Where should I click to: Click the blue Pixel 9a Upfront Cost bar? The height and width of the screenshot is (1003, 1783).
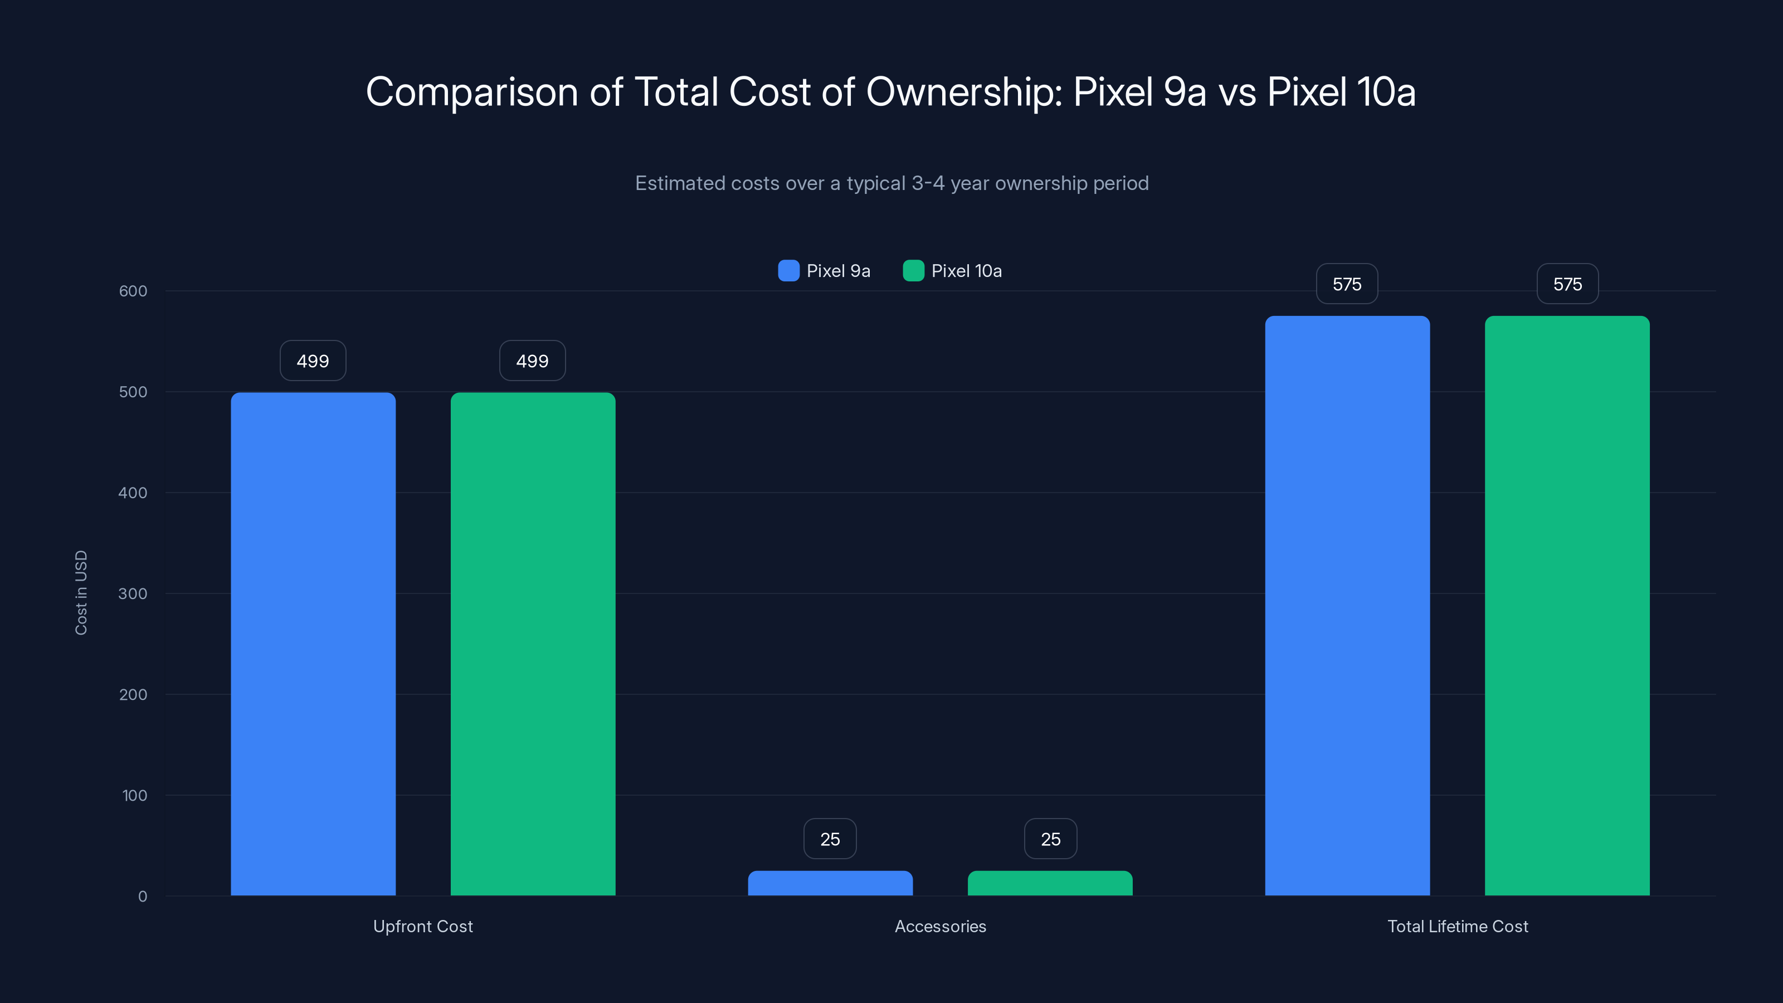313,644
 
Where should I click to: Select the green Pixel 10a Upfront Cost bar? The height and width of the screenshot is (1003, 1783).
533,644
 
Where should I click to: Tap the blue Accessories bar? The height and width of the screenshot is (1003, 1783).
830,883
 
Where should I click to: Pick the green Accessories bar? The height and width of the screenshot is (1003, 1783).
1050,883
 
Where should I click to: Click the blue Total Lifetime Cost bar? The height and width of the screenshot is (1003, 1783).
1347,606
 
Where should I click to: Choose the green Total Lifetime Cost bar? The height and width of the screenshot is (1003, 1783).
1567,606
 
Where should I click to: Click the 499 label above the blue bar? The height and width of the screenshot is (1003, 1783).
313,361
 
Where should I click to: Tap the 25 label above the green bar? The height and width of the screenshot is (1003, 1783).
1050,839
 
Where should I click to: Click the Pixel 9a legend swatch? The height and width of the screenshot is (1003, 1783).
788,271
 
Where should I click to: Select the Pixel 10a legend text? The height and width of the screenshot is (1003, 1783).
966,271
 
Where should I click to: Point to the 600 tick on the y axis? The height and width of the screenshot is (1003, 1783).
133,291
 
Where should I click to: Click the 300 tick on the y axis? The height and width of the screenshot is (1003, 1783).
133,593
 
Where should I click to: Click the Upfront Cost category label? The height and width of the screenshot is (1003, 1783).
423,926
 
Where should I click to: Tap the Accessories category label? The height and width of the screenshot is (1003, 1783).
940,926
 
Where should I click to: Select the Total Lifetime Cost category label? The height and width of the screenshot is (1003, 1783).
1458,926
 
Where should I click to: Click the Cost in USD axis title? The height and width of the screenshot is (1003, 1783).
81,592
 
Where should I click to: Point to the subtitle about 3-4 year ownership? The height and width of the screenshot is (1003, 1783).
891,183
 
